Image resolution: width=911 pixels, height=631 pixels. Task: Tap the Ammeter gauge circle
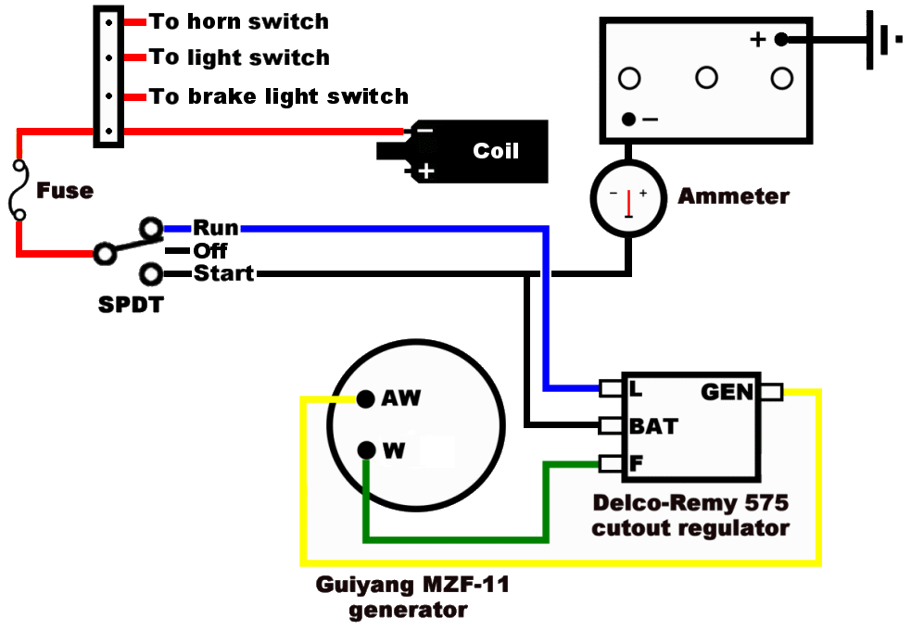(628, 198)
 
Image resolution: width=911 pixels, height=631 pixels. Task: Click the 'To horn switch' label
(239, 20)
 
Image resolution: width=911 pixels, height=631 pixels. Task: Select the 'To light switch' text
(239, 57)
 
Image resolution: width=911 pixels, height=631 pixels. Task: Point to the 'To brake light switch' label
(279, 96)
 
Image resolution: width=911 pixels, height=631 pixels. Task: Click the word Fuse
(65, 191)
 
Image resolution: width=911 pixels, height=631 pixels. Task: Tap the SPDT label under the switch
(130, 304)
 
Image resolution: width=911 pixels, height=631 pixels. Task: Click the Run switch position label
(215, 228)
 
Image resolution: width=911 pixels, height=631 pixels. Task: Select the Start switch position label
(223, 274)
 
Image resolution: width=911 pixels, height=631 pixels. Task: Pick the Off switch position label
(210, 251)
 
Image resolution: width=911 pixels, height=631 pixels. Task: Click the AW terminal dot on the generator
(366, 398)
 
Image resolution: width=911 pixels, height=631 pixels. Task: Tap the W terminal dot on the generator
(366, 451)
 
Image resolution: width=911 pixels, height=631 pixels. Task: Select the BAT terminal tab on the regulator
(610, 426)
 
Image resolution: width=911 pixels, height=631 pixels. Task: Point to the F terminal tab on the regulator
(610, 462)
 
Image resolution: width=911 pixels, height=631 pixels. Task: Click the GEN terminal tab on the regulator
(771, 392)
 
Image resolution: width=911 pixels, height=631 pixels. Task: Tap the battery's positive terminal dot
(781, 39)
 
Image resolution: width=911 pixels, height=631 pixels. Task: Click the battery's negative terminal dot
(629, 120)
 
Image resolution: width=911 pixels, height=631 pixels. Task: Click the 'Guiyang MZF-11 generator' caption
(412, 598)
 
